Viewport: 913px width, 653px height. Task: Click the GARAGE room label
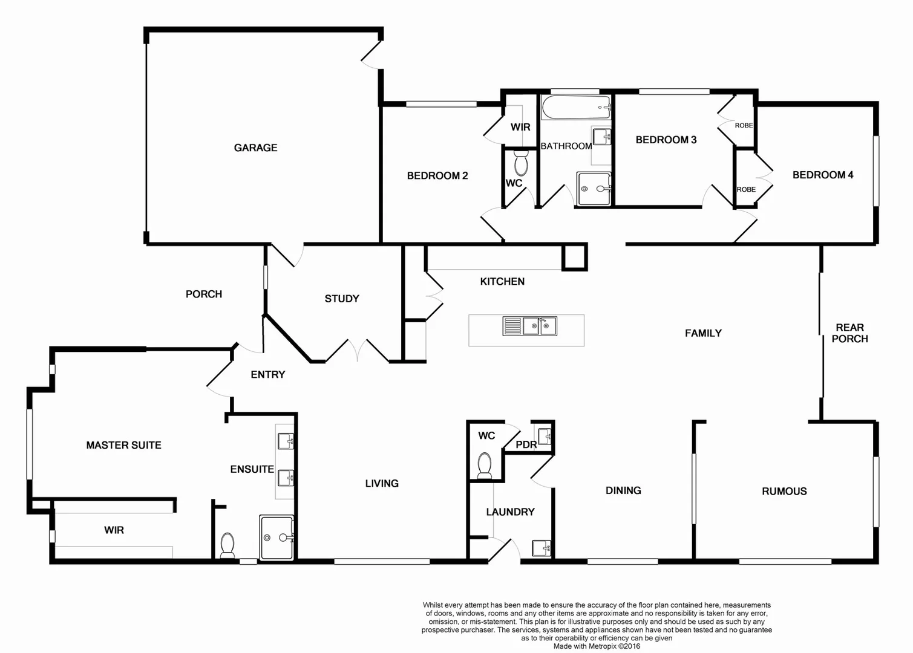(255, 148)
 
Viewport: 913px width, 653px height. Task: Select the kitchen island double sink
(530, 326)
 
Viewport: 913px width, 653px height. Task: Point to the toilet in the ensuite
(227, 544)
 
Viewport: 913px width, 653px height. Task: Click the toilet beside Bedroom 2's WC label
(520, 163)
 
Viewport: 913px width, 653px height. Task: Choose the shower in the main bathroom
(594, 189)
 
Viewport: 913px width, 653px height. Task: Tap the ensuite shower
(277, 537)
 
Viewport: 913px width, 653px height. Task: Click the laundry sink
(541, 548)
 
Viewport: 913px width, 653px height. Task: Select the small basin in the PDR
(545, 435)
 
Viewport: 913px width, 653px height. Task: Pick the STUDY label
(342, 299)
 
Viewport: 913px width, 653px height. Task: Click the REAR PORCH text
(849, 333)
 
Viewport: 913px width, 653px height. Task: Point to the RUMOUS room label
(784, 492)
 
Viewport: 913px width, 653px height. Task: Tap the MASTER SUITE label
(123, 446)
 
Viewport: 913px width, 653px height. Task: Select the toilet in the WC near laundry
(485, 465)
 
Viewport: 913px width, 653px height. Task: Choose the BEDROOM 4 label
(823, 175)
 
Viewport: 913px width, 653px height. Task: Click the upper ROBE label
(744, 126)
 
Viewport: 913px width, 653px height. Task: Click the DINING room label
(623, 491)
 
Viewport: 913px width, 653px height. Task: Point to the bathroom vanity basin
(601, 137)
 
